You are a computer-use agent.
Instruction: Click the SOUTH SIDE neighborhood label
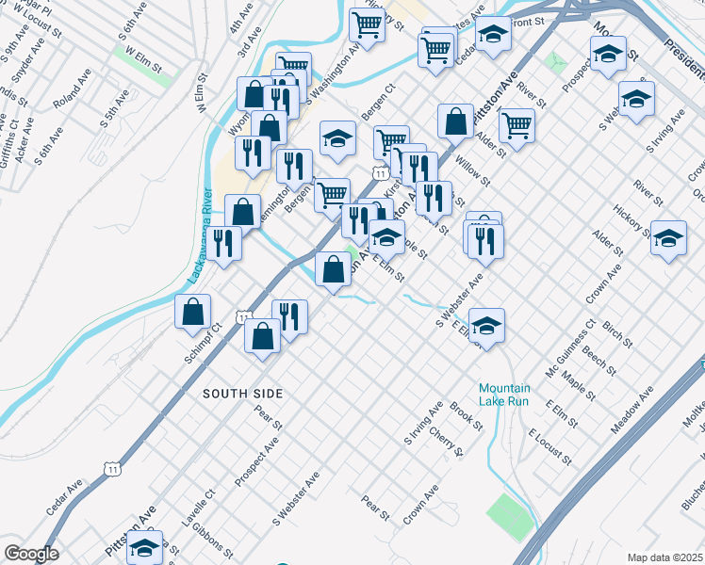click(242, 392)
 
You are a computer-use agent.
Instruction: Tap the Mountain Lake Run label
click(504, 394)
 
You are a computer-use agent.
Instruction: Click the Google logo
click(31, 553)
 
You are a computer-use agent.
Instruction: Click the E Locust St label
click(550, 445)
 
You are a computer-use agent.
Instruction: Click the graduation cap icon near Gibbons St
click(144, 548)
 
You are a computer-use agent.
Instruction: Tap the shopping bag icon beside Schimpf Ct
click(192, 311)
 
